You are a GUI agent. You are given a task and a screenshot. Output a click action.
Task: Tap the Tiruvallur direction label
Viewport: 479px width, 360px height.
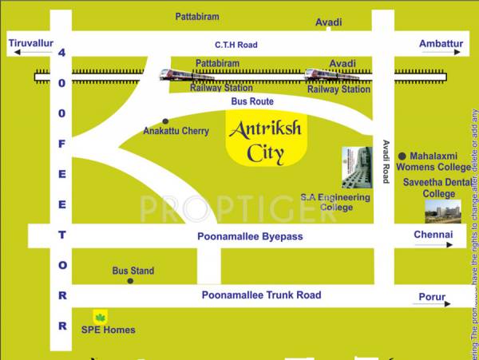point(30,43)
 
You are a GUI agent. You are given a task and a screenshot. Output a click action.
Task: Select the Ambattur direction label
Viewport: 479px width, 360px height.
point(441,43)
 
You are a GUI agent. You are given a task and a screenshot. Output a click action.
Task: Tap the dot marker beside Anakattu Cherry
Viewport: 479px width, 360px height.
point(165,121)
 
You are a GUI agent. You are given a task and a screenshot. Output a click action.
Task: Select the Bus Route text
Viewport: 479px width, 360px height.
point(251,102)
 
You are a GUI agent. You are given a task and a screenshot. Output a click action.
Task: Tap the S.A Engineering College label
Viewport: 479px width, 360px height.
point(335,202)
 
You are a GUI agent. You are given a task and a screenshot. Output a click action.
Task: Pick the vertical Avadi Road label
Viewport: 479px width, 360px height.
point(386,162)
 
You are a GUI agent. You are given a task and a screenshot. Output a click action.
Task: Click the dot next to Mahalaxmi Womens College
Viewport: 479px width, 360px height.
point(402,156)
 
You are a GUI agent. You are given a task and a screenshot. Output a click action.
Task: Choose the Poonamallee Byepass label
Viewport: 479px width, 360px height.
point(250,237)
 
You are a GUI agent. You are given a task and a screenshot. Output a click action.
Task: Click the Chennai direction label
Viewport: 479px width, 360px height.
point(433,235)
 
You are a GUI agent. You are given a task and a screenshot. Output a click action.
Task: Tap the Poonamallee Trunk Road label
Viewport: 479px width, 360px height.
point(261,295)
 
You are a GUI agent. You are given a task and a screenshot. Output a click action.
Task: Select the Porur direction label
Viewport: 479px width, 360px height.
point(433,297)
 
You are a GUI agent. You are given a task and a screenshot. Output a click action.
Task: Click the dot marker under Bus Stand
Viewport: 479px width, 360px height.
point(130,281)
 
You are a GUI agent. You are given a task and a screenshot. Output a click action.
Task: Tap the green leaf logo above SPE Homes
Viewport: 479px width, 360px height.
point(101,316)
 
